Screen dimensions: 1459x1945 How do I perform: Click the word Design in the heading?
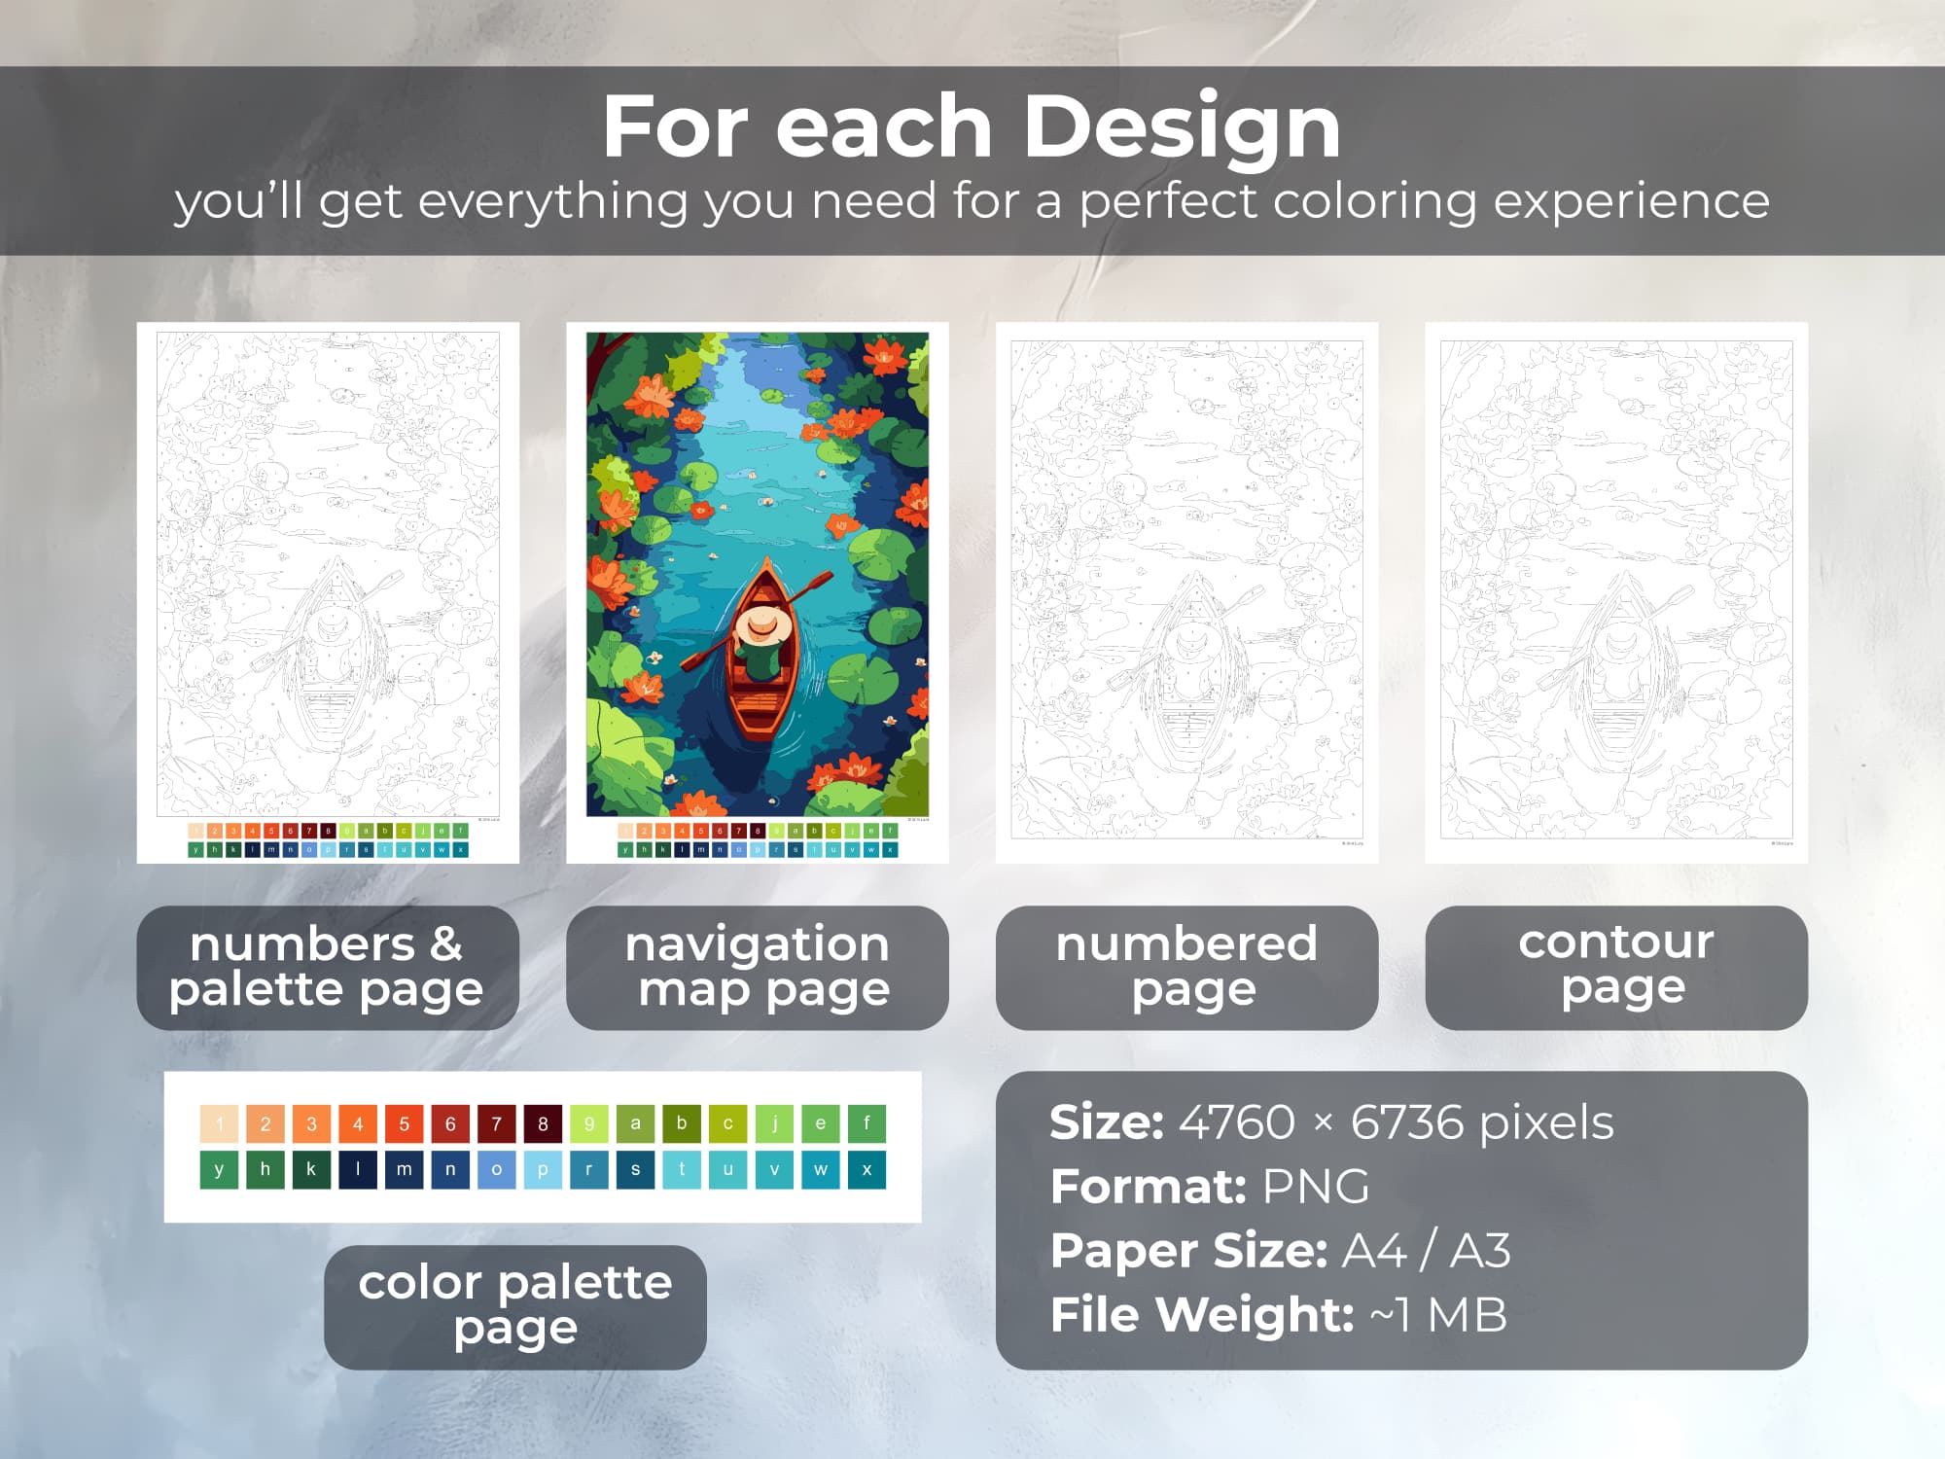[1182, 128]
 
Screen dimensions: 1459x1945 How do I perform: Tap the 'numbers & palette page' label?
[327, 967]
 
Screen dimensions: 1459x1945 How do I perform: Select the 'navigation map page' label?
[757, 967]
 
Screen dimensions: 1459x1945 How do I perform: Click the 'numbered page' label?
[1186, 967]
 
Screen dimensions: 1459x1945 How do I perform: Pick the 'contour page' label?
[1616, 967]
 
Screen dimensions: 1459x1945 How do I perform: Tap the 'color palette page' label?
[514, 1306]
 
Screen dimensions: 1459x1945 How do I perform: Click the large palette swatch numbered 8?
[543, 1123]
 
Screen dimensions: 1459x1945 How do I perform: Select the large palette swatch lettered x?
[866, 1169]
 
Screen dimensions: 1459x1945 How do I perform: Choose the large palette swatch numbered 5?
[404, 1123]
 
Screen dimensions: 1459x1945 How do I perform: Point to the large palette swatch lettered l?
[358, 1169]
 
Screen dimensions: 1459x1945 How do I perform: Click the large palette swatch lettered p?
[543, 1169]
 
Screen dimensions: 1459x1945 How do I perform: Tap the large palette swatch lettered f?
[866, 1123]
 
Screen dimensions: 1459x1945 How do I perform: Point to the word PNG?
[1315, 1187]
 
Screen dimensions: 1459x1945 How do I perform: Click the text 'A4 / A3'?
[1426, 1251]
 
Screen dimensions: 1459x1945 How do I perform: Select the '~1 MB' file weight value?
[1438, 1315]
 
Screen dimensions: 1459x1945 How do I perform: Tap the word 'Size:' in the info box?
[1107, 1122]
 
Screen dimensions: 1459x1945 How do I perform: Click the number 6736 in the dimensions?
[1406, 1122]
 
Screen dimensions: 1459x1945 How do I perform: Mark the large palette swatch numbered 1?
[219, 1123]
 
